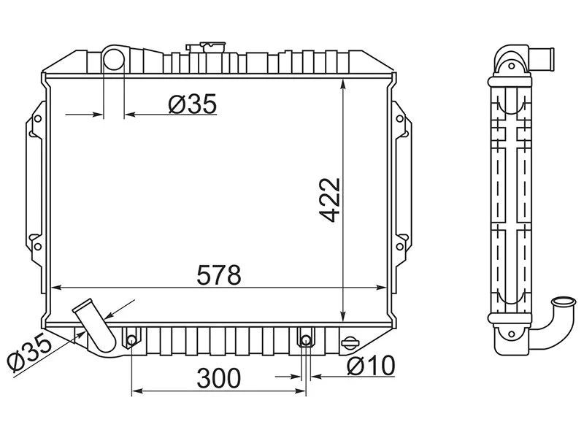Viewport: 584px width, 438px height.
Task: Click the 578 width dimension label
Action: [x=219, y=275]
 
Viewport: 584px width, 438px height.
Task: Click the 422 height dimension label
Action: [x=330, y=200]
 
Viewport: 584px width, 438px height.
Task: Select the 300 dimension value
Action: [x=219, y=378]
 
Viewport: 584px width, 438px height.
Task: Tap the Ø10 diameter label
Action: [x=371, y=366]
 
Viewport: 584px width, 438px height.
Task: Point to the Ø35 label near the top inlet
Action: [x=192, y=104]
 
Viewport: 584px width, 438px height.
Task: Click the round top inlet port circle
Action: [x=113, y=60]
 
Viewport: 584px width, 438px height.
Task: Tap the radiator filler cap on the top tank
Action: [x=206, y=47]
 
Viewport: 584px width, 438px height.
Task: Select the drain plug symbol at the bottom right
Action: [x=350, y=342]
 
